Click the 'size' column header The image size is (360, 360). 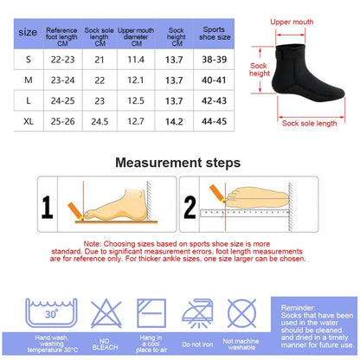pos(28,32)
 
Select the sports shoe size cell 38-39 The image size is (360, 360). pos(215,60)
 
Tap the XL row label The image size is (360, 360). pos(29,121)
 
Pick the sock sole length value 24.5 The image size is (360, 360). pos(100,121)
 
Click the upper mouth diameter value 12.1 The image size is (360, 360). pos(136,80)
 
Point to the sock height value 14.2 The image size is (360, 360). pos(174,121)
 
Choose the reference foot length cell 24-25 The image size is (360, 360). pos(62,100)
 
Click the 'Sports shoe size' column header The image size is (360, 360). pos(215,33)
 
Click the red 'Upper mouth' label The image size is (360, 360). pos(292,22)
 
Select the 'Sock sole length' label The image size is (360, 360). pos(309,124)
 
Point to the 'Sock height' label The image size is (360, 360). pos(259,69)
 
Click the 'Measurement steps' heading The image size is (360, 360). pos(177,163)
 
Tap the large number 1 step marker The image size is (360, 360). pos(48,207)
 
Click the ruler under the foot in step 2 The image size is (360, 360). pos(245,213)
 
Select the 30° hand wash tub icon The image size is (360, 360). pos(51,312)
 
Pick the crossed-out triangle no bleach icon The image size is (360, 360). pos(106,313)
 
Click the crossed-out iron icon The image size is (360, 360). pos(197,313)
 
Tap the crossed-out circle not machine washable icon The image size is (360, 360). pos(241,313)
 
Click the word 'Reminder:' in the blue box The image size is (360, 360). pos(299,307)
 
